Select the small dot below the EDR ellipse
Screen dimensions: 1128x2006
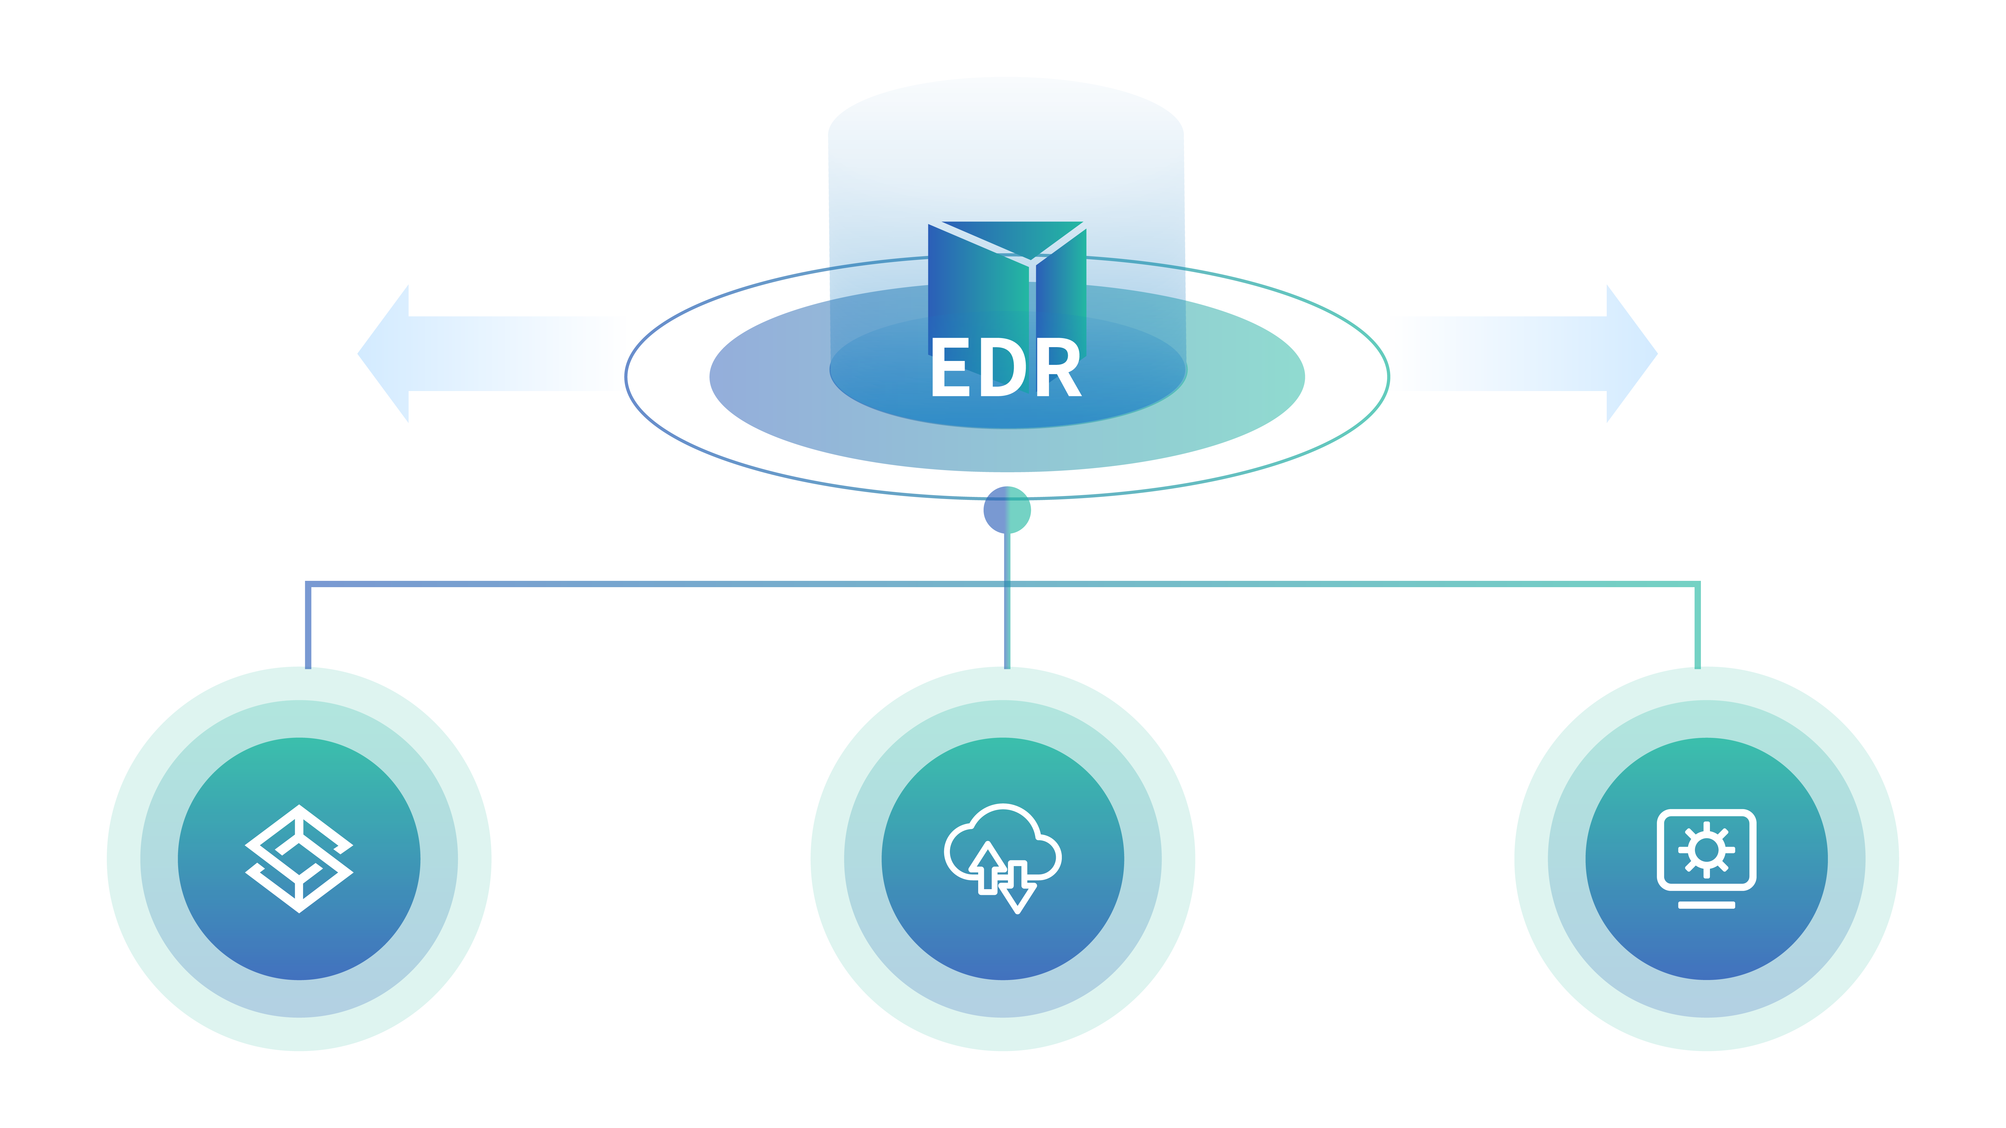click(x=1007, y=510)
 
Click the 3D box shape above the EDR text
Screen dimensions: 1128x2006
click(x=1007, y=280)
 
